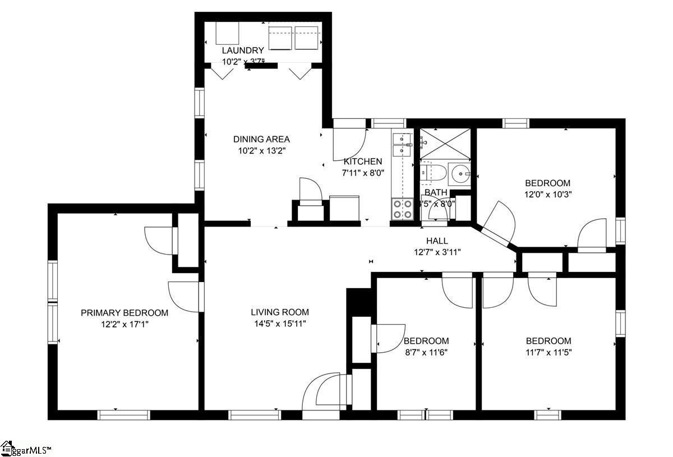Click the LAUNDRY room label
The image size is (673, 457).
(242, 50)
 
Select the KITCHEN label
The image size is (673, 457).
(363, 161)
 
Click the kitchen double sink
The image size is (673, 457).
(401, 144)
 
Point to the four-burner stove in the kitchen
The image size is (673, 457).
(401, 209)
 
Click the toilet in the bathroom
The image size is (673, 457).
(432, 173)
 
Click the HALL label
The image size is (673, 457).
(437, 241)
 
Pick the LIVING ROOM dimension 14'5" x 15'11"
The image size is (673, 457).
(279, 324)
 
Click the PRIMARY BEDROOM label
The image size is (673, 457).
(125, 313)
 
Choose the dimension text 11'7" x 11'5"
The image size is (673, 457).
(548, 353)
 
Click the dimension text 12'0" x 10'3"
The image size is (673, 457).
(548, 195)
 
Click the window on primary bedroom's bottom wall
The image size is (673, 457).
(124, 415)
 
